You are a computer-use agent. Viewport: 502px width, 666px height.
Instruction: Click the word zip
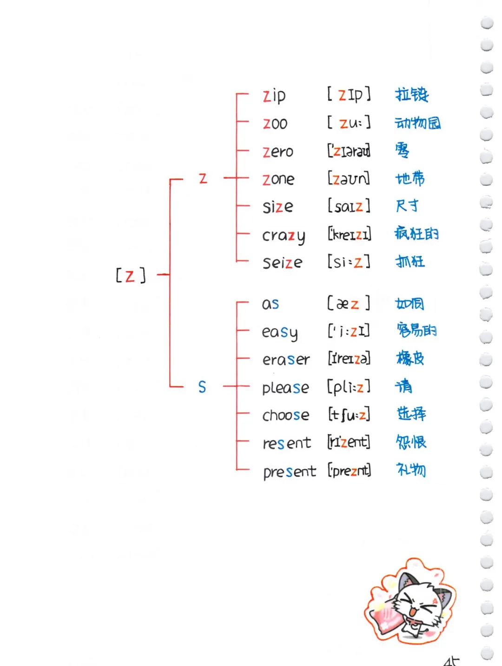click(274, 95)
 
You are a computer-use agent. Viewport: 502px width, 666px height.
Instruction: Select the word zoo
click(275, 123)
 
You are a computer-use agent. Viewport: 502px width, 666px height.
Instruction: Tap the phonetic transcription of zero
click(349, 151)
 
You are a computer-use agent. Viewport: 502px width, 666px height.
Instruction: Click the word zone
click(278, 179)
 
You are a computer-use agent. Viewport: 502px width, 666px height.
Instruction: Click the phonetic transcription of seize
click(349, 262)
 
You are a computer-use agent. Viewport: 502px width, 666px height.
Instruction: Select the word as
click(271, 304)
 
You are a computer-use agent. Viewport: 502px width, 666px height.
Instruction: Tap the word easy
click(280, 332)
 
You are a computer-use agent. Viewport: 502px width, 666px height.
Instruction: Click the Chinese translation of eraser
click(410, 358)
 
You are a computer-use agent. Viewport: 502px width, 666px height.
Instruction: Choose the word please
click(285, 388)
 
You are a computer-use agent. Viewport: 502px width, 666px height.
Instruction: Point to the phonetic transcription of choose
click(349, 414)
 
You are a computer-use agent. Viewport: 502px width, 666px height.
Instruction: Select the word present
click(290, 471)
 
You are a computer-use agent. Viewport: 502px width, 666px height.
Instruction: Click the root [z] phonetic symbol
click(131, 275)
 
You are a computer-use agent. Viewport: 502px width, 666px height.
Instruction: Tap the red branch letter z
click(203, 178)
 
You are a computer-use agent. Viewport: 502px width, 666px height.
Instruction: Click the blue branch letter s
click(202, 387)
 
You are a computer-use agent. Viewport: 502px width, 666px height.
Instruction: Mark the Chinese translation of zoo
click(417, 123)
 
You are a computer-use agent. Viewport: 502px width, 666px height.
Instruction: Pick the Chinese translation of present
click(411, 470)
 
